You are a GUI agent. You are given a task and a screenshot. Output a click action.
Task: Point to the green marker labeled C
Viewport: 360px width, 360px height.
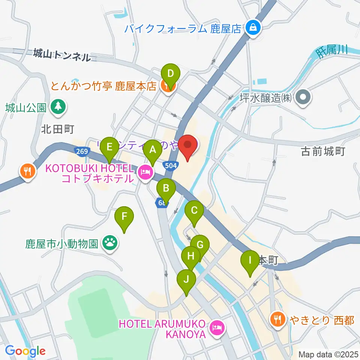click(x=194, y=210)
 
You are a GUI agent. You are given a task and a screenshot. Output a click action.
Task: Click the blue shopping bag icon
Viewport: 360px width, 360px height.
click(x=253, y=28)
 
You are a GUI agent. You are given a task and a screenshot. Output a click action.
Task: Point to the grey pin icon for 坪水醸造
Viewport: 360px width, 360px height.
click(x=303, y=98)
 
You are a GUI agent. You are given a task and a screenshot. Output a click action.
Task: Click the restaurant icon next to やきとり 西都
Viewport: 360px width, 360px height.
click(x=278, y=320)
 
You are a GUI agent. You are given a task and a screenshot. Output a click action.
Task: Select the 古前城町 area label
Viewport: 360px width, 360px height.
click(x=323, y=151)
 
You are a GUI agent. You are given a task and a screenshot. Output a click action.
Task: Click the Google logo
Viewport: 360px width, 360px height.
click(x=25, y=351)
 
